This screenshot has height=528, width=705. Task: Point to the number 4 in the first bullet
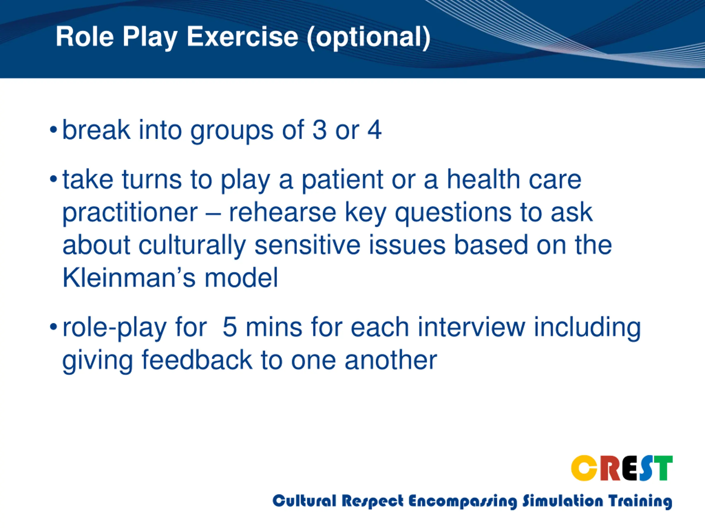pyautogui.click(x=374, y=130)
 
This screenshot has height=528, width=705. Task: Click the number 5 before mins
pyautogui.click(x=229, y=328)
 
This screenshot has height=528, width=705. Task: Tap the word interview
pyautogui.click(x=471, y=327)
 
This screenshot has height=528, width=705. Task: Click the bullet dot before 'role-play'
pyautogui.click(x=53, y=327)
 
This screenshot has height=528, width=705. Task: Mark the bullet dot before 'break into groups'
pyautogui.click(x=53, y=130)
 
